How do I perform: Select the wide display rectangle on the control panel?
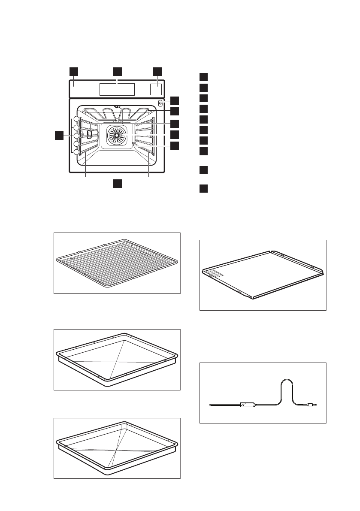coord(117,89)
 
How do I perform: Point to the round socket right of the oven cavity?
coord(160,103)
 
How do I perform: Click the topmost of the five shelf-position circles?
coord(76,119)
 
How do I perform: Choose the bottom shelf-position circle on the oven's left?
coord(76,152)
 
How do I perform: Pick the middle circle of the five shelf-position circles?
coord(76,136)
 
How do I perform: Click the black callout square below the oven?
coord(117,184)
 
